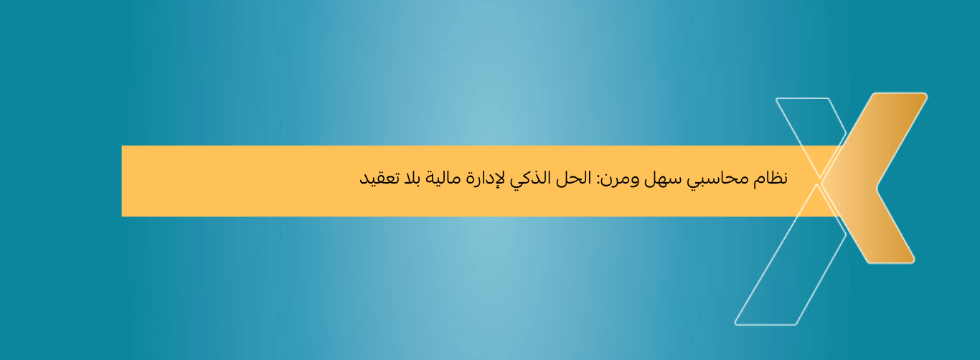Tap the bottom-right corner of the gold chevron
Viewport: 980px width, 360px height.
pyautogui.click(x=911, y=260)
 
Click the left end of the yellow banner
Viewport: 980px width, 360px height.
pyautogui.click(x=126, y=181)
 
